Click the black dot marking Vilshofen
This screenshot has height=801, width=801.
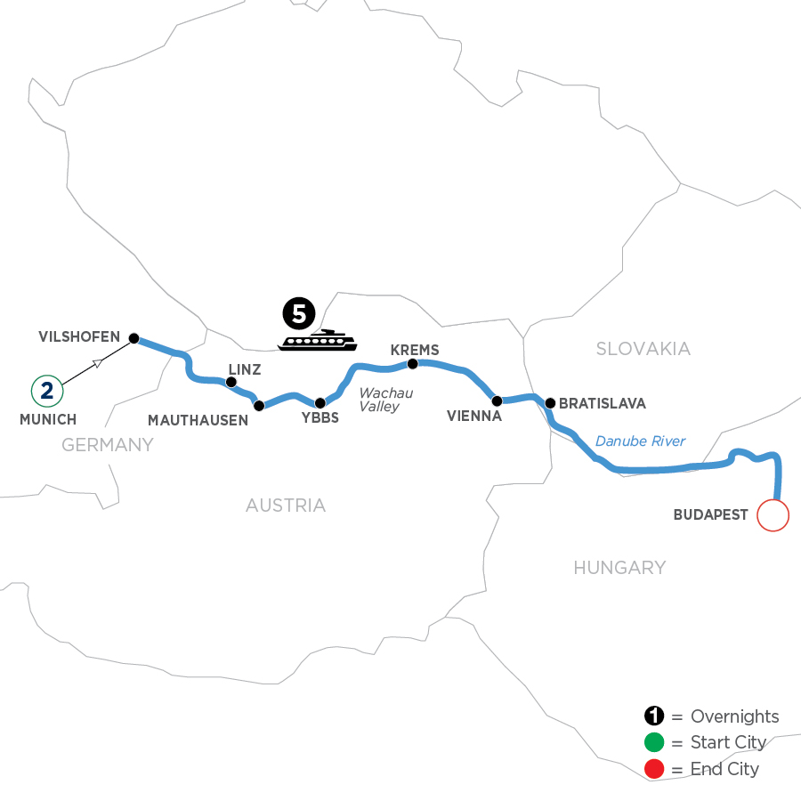133,338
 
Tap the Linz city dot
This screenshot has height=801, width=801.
231,383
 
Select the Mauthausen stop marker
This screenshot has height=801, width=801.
259,406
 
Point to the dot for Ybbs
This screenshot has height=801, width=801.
320,403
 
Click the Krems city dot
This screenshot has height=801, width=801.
412,363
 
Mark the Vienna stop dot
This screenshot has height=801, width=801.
498,400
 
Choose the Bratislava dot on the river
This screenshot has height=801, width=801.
550,403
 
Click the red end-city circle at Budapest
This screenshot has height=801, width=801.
773,515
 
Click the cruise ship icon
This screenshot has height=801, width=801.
318,341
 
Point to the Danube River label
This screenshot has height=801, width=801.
640,441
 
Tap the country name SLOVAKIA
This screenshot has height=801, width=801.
643,349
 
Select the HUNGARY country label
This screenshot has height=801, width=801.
619,567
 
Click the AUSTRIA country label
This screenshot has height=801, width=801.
286,506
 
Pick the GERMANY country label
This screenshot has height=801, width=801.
108,445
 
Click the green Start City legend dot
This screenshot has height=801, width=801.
653,743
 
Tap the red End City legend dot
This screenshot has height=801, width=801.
653,769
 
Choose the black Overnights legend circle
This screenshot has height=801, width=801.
653,717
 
